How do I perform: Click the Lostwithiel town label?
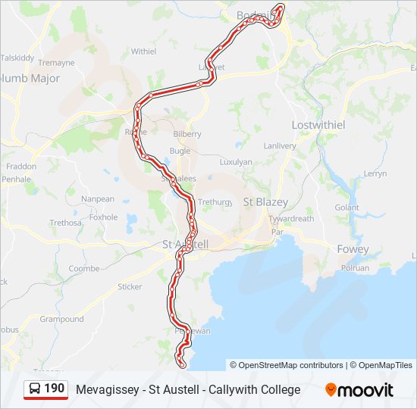[318, 124]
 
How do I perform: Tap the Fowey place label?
[353, 249]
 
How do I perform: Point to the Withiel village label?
[143, 52]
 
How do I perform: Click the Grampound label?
[62, 319]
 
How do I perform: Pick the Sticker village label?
[130, 286]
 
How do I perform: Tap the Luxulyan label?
[235, 161]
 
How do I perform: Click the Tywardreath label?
[291, 219]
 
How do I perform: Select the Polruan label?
[355, 268]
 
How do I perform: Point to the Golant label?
[346, 207]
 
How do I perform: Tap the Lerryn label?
[375, 173]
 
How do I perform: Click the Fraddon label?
[20, 166]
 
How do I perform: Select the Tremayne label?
[56, 63]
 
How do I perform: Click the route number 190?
[54, 389]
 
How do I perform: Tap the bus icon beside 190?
[35, 389]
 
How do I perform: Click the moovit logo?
[359, 390]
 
